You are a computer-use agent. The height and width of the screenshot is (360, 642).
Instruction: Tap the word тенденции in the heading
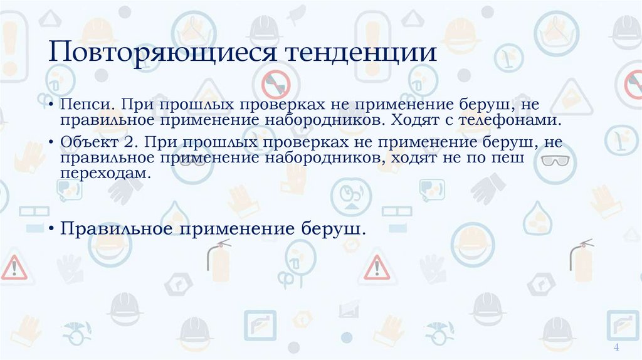coord(362,51)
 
